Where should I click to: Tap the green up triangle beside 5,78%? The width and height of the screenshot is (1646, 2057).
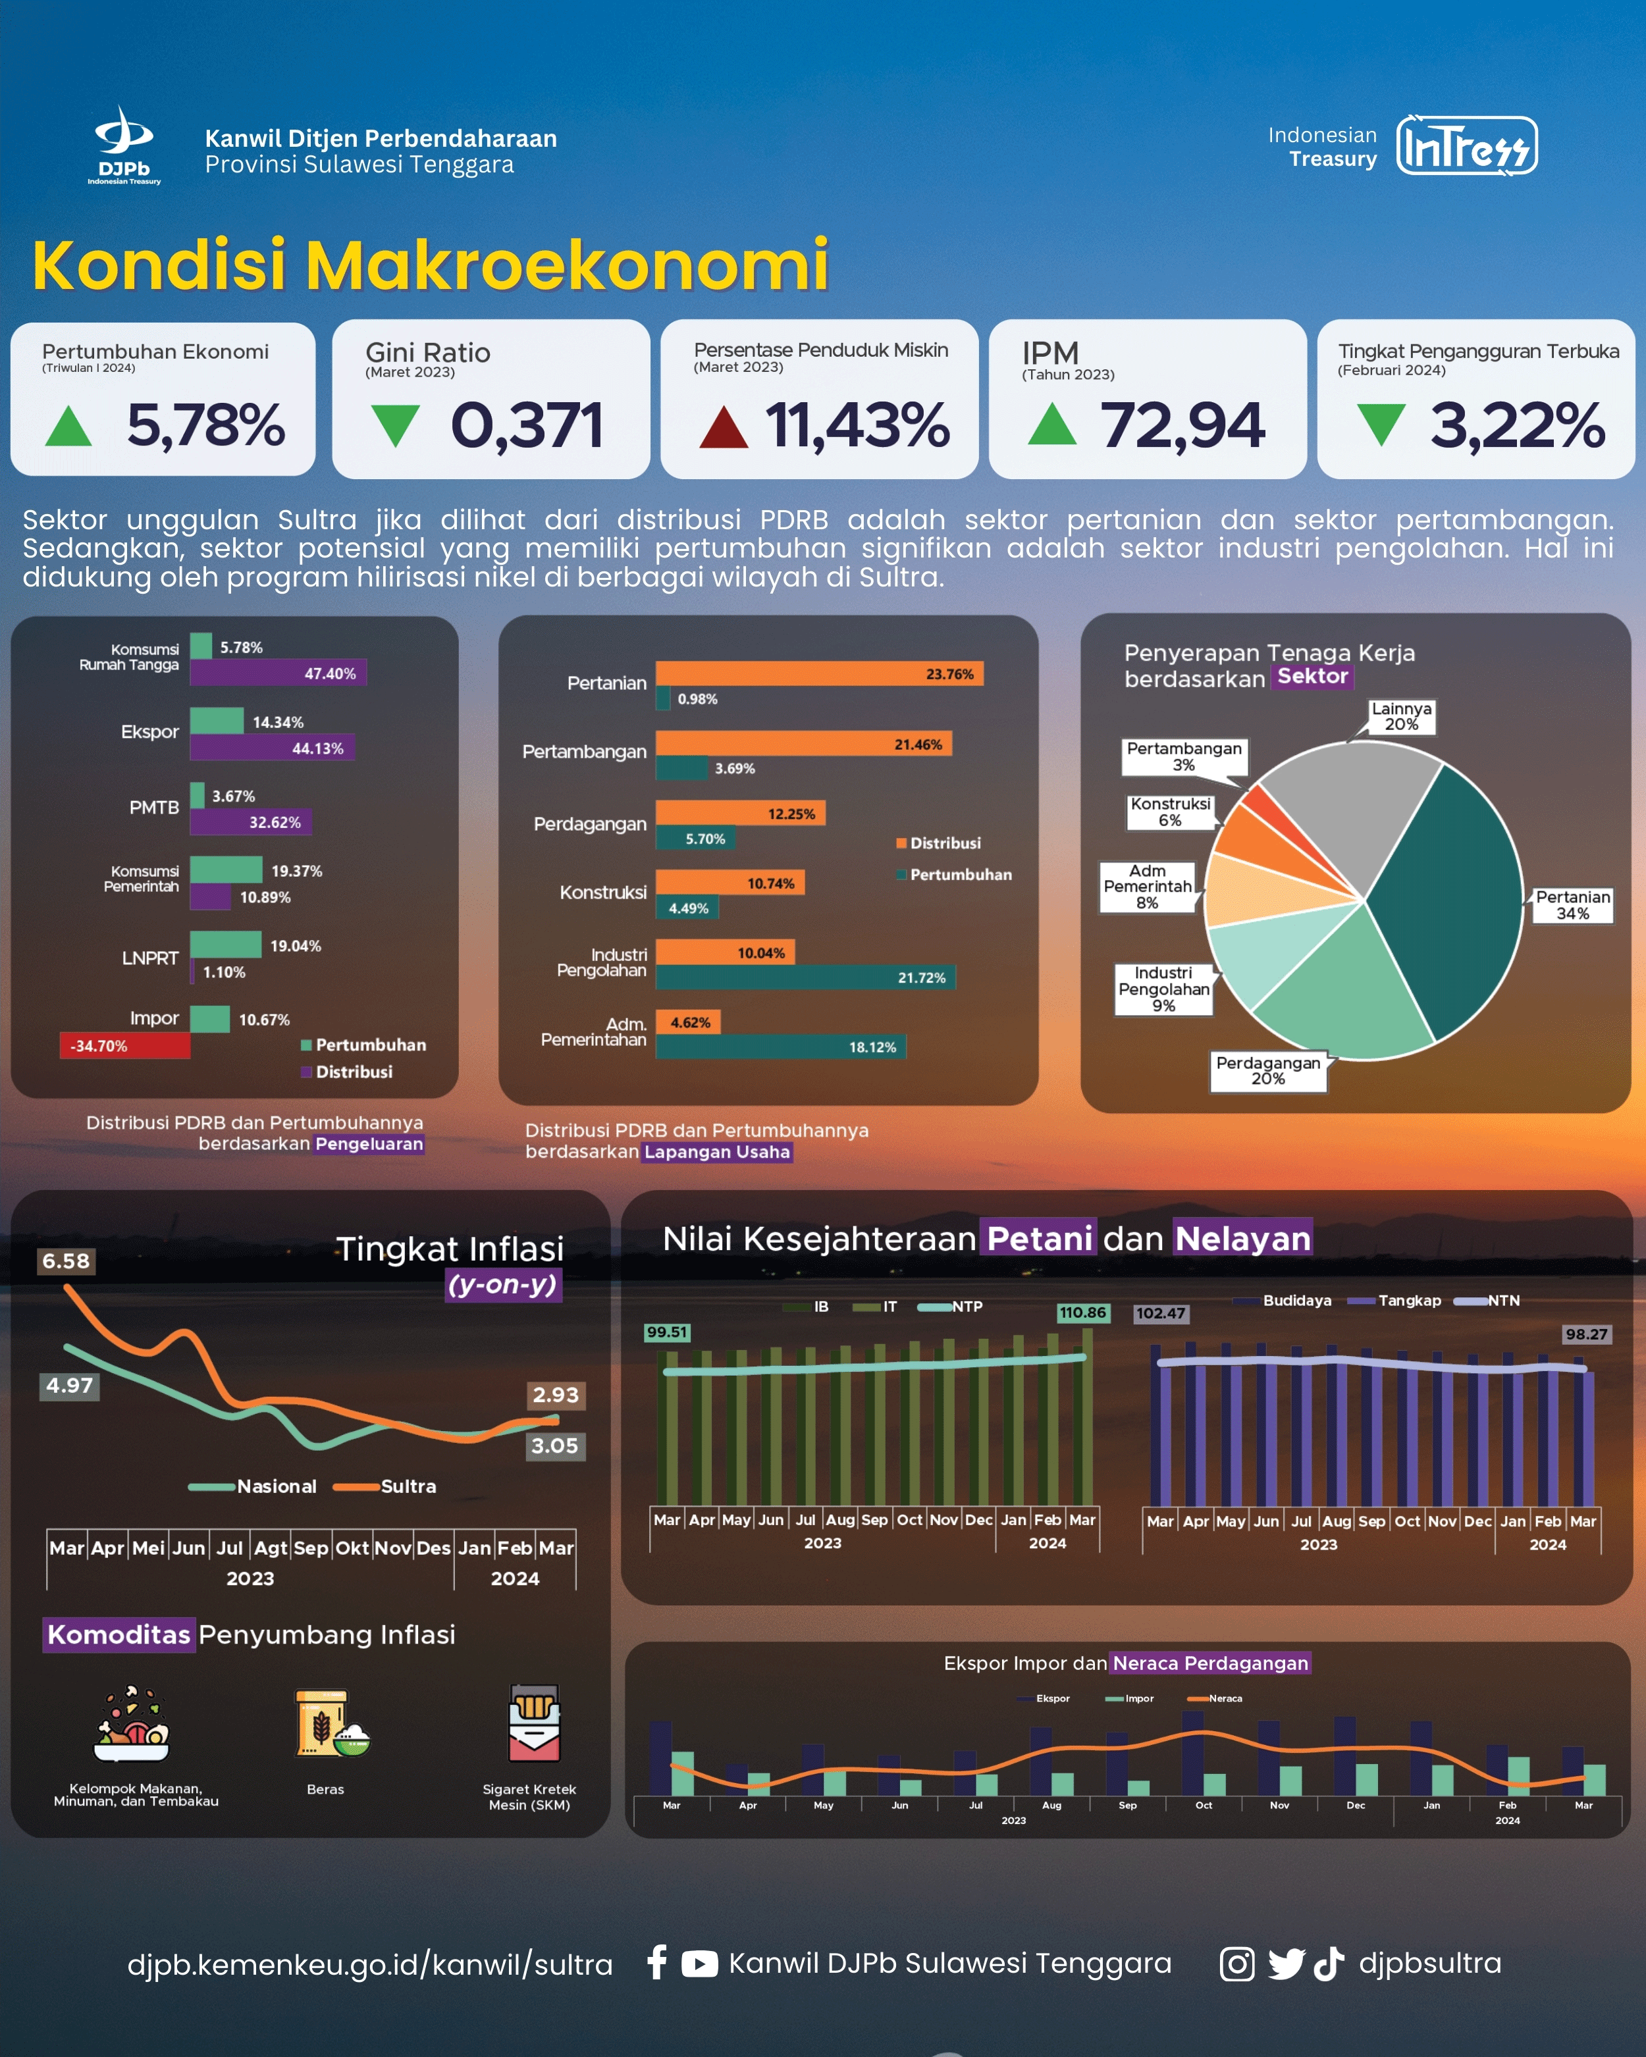[68, 427]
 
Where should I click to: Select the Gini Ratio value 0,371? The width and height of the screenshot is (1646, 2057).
[527, 425]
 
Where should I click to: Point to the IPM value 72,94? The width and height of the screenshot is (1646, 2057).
[1182, 425]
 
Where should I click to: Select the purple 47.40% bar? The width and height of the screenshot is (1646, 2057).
[278, 673]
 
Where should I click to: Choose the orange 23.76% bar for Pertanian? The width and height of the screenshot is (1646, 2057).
[818, 673]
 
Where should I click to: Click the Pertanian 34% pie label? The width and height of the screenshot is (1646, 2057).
[1572, 904]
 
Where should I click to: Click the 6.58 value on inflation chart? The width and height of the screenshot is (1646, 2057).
[66, 1261]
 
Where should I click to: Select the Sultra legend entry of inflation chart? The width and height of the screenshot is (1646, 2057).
[386, 1486]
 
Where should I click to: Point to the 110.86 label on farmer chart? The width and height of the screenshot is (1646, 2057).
[1082, 1313]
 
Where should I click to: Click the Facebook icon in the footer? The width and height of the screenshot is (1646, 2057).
[656, 1963]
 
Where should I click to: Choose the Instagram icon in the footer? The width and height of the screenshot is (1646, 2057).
[1236, 1964]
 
